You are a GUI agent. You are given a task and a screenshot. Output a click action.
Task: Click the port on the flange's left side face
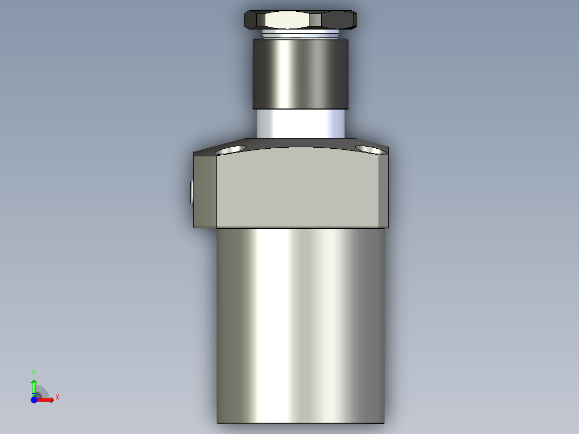(x=192, y=192)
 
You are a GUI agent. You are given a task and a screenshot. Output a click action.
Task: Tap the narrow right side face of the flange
(x=383, y=191)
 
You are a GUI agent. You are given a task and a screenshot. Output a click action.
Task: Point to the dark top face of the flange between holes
(x=301, y=143)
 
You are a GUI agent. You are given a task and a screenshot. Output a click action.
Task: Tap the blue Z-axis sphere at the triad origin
(x=34, y=400)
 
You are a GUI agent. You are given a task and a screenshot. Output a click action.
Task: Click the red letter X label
(x=57, y=397)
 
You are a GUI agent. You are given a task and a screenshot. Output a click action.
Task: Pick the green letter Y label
(x=34, y=373)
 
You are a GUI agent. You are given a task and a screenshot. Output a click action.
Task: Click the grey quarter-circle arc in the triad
(x=42, y=392)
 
